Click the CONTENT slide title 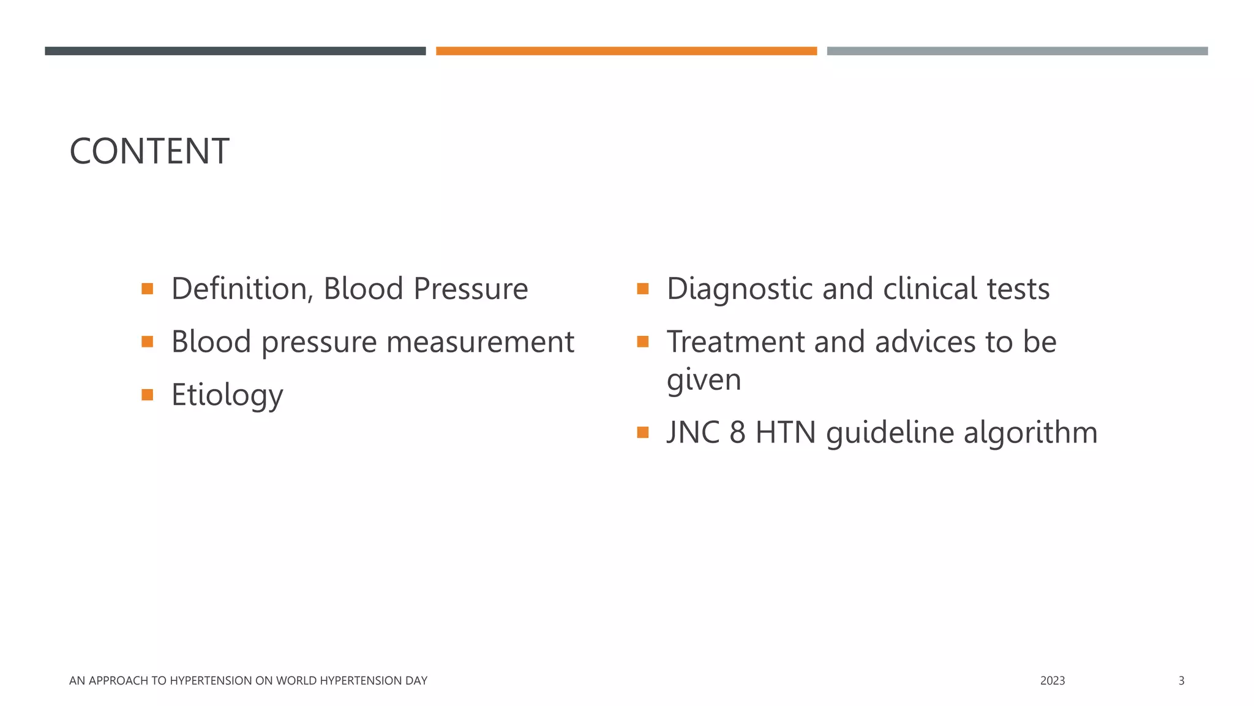point(149,151)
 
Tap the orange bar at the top point(626,51)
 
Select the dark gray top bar point(235,51)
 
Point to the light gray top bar point(1017,51)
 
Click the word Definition point(241,289)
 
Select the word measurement point(480,342)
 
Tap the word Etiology point(227,395)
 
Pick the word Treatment point(735,342)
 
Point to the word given point(704,380)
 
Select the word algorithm point(1031,433)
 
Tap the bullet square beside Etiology point(147,395)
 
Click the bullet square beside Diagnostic point(642,289)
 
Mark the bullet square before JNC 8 point(642,433)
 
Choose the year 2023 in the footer point(1052,681)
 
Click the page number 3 point(1181,681)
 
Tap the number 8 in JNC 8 point(737,433)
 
